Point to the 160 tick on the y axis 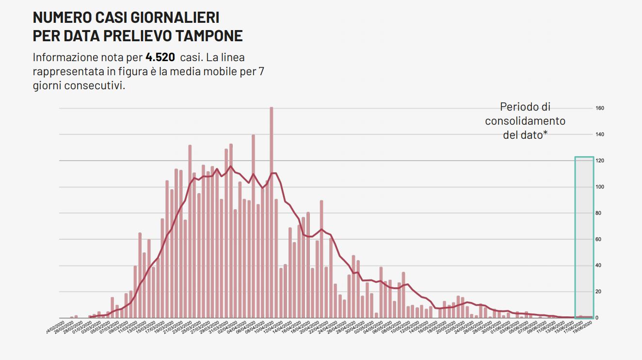(x=599, y=108)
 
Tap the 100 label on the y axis (x=599, y=187)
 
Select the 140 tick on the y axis (x=599, y=134)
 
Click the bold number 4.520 (x=160, y=57)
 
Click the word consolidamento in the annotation (x=525, y=121)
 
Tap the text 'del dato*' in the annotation (x=525, y=135)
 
